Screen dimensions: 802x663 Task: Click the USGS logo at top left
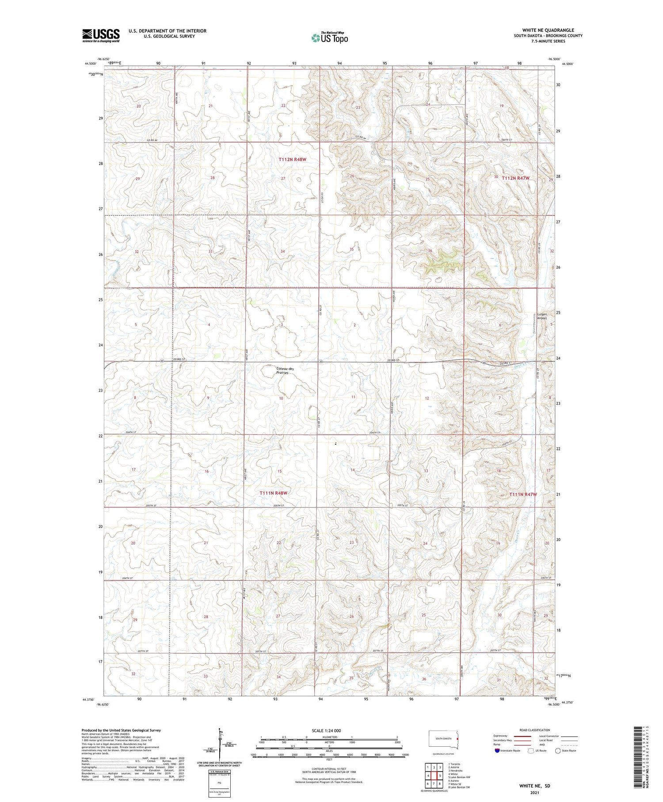101,35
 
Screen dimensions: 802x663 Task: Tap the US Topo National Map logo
329,38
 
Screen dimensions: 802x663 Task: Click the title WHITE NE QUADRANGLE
548,30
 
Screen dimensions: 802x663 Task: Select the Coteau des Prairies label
285,371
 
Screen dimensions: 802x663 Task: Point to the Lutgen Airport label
541,316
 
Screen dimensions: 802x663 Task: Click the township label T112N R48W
292,159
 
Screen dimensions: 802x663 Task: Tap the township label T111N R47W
523,495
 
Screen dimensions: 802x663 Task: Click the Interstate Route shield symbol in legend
497,751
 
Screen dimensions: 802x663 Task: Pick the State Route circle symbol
558,751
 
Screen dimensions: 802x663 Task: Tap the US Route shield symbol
531,751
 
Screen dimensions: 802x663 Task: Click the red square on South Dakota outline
457,738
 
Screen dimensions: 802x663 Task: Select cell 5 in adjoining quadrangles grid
440,776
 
